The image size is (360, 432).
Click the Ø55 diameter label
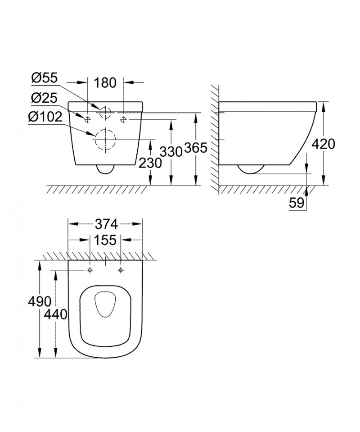[44, 78]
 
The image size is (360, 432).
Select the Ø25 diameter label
[44, 97]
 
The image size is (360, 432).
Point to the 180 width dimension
[105, 82]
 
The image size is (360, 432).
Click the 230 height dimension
[150, 163]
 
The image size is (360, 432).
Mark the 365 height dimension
[196, 148]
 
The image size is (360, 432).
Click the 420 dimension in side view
[324, 144]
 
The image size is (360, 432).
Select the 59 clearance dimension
[297, 203]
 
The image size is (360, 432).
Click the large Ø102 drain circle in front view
[105, 140]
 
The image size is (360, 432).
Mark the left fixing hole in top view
[90, 270]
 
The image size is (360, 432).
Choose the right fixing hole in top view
[120, 270]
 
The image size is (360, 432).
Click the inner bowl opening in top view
[105, 306]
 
